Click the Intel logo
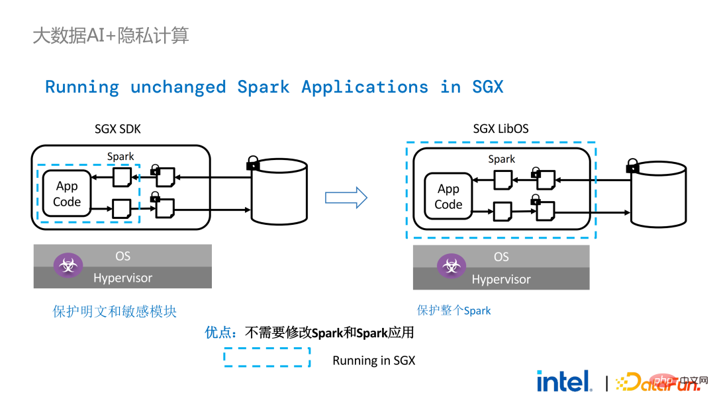click(x=565, y=381)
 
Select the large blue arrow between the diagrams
click(x=346, y=198)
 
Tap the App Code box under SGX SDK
click(x=67, y=194)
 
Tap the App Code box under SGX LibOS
click(x=448, y=196)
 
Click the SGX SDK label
click(x=118, y=130)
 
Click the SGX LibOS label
click(x=501, y=129)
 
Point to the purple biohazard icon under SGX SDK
click(x=68, y=265)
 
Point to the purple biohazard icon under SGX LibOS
click(x=452, y=266)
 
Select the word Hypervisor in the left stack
click(x=122, y=278)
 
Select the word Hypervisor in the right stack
click(x=501, y=279)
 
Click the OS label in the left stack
click(x=122, y=256)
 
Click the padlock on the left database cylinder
click(x=253, y=163)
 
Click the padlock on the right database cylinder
click(x=632, y=165)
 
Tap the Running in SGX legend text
click(x=374, y=360)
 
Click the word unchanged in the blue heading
click(x=178, y=87)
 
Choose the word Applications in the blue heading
click(x=365, y=87)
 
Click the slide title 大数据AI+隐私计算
click(x=111, y=36)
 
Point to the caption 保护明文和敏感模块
click(x=115, y=311)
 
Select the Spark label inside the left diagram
click(x=120, y=157)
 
